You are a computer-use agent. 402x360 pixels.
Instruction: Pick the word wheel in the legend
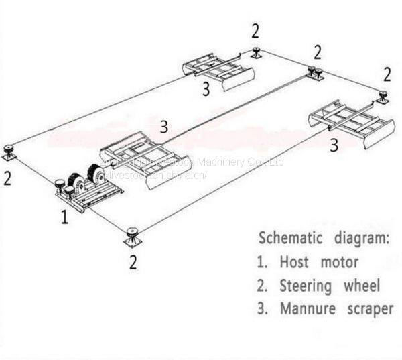coord(362,286)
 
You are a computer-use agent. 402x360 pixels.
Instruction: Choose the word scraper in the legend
coord(367,310)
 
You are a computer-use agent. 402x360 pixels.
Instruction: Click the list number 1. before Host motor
coord(263,262)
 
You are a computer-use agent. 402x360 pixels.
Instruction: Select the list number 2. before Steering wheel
coord(263,286)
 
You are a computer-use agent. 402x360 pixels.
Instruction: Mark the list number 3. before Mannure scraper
coord(263,309)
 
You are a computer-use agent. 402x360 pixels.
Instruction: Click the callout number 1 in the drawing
coord(64,217)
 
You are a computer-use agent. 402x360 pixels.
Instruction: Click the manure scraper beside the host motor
coord(137,161)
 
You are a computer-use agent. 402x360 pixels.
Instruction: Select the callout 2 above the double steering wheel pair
coord(318,52)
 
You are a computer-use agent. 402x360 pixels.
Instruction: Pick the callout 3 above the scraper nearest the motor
coord(164,126)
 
